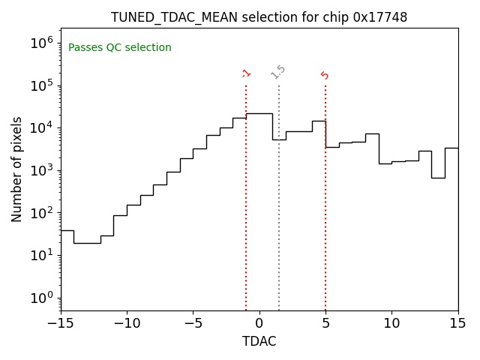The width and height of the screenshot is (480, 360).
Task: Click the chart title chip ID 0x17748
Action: (380, 17)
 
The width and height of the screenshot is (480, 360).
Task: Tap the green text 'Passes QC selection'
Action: (120, 48)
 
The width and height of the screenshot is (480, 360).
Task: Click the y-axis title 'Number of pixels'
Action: (17, 169)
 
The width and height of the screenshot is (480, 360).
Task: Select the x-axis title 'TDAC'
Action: (259, 341)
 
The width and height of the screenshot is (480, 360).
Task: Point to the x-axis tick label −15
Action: (61, 323)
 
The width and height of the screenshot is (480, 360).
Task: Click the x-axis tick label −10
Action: (127, 323)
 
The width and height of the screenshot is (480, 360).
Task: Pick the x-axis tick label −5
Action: (193, 323)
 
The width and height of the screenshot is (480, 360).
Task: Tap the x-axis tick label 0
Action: (259, 323)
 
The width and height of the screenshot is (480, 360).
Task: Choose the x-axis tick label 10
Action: (391, 323)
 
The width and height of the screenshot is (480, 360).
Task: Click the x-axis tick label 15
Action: (457, 323)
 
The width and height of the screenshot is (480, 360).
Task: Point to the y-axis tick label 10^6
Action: (41, 43)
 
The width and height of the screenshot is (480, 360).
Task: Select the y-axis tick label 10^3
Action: (41, 170)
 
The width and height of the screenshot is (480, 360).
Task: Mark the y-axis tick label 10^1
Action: (41, 255)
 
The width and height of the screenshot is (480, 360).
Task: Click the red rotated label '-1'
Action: (246, 73)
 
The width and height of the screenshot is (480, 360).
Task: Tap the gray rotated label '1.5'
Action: (278, 72)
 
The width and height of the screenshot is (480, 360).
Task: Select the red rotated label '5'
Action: (325, 75)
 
